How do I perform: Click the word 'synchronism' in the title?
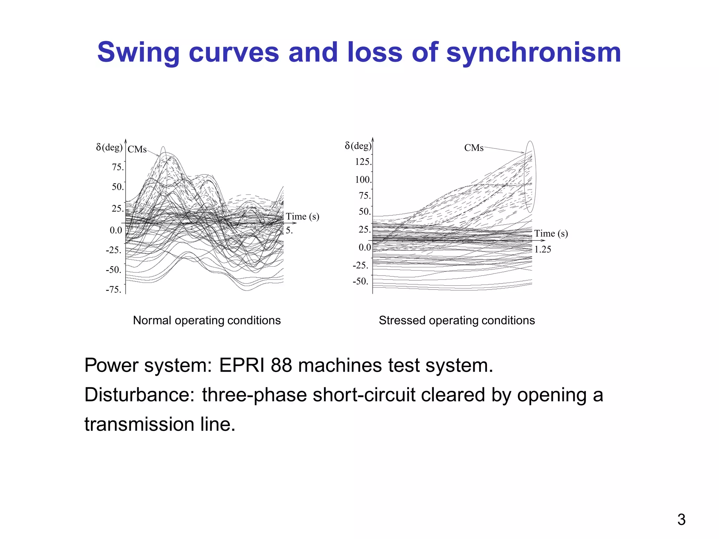click(533, 53)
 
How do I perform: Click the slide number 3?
click(681, 520)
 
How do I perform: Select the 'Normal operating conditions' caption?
click(207, 320)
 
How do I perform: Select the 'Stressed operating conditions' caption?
click(457, 320)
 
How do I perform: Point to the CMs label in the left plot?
click(137, 149)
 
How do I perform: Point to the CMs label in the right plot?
click(474, 148)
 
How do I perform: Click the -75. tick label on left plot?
click(113, 290)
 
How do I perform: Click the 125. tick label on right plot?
click(363, 162)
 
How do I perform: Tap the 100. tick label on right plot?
click(363, 180)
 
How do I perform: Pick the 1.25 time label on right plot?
click(542, 249)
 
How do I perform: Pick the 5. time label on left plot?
click(289, 231)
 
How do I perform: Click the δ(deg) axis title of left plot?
click(109, 147)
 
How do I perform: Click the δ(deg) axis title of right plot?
click(358, 146)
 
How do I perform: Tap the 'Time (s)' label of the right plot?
click(551, 234)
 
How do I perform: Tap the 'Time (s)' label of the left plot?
click(302, 217)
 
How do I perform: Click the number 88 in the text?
click(281, 365)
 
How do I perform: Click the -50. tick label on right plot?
click(361, 281)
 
